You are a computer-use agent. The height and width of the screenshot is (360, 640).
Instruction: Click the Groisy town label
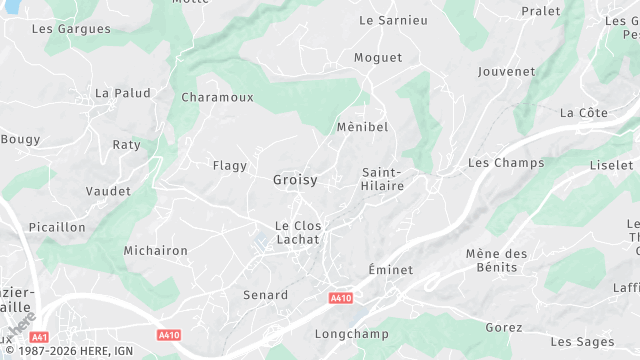[295, 180]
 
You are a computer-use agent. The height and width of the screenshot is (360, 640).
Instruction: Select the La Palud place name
[122, 93]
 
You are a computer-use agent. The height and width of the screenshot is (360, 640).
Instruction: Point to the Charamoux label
[217, 97]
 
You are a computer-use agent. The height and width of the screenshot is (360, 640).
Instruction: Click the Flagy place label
[229, 165]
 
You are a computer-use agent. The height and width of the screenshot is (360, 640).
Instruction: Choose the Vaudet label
[108, 191]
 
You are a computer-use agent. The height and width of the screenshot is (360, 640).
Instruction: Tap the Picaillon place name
[57, 227]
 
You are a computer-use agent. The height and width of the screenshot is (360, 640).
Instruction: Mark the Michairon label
[155, 250]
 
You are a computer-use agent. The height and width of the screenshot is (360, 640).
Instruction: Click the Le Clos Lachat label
[298, 232]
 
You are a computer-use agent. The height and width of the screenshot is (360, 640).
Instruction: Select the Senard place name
[265, 295]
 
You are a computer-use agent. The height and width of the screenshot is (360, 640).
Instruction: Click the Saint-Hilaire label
[382, 179]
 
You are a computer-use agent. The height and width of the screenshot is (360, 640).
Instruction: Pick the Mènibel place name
[362, 127]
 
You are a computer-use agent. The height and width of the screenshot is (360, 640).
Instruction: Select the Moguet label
[380, 58]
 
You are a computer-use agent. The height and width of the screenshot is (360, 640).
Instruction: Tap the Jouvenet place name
[507, 72]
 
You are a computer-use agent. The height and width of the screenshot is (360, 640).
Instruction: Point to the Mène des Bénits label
[496, 260]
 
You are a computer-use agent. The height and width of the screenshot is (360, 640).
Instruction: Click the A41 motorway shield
[40, 337]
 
